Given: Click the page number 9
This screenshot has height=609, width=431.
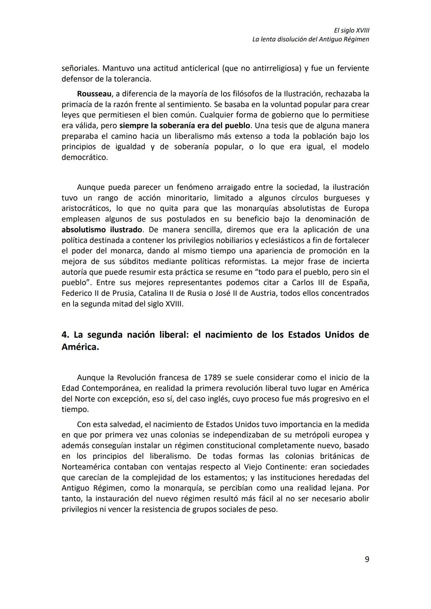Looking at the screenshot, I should pyautogui.click(x=367, y=559).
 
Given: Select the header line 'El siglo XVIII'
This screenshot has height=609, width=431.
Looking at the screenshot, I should pyautogui.click(x=351, y=30).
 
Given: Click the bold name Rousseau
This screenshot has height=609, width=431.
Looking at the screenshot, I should pyautogui.click(x=94, y=94).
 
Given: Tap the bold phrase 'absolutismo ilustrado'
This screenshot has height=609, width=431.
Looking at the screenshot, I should pyautogui.click(x=102, y=230).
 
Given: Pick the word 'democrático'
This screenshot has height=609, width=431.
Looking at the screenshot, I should pyautogui.click(x=85, y=158).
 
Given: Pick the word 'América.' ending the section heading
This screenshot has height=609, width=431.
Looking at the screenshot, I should pyautogui.click(x=80, y=347).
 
